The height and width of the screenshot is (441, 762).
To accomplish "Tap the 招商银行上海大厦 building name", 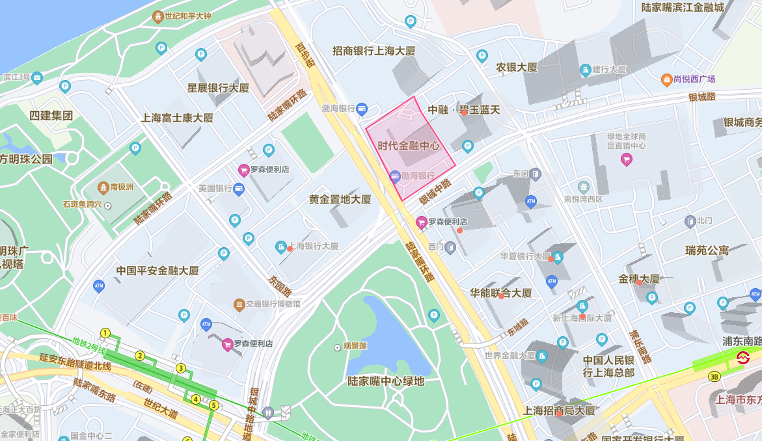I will (374, 51).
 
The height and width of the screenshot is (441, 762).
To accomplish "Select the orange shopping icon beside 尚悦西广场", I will (666, 79).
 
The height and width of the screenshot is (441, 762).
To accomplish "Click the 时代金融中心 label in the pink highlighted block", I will (409, 146).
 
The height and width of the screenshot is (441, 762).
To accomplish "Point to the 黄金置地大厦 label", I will (340, 200).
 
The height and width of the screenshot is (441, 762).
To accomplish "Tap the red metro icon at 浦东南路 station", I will (742, 357).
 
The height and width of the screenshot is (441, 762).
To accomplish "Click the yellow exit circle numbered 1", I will (105, 334).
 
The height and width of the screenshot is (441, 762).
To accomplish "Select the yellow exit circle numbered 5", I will (213, 405).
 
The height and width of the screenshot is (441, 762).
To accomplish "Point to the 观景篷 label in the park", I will (355, 347).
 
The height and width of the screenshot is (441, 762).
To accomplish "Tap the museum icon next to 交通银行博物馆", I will (239, 304).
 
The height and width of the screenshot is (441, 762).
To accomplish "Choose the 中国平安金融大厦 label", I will (157, 271).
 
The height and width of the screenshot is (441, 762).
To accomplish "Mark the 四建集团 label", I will (51, 116).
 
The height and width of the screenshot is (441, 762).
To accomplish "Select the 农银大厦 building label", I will (517, 68).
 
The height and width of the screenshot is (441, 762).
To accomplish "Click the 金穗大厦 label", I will (639, 279).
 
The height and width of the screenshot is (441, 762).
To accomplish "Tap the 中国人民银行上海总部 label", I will (608, 366).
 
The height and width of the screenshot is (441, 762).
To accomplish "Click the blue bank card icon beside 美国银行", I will (239, 189).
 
